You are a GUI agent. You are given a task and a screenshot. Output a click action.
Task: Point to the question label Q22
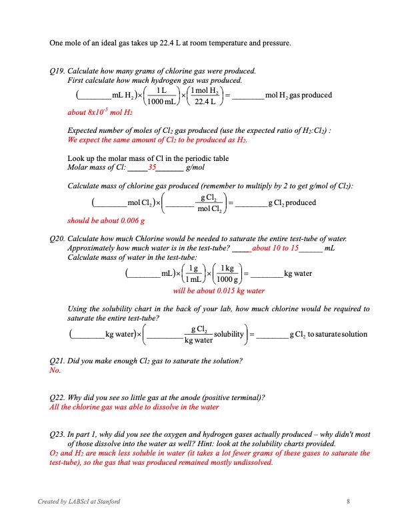tap(58, 397)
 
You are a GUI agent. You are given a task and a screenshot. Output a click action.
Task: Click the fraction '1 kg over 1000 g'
tap(227, 274)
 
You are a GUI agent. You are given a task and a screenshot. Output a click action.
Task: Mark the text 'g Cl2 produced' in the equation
tap(292, 203)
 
